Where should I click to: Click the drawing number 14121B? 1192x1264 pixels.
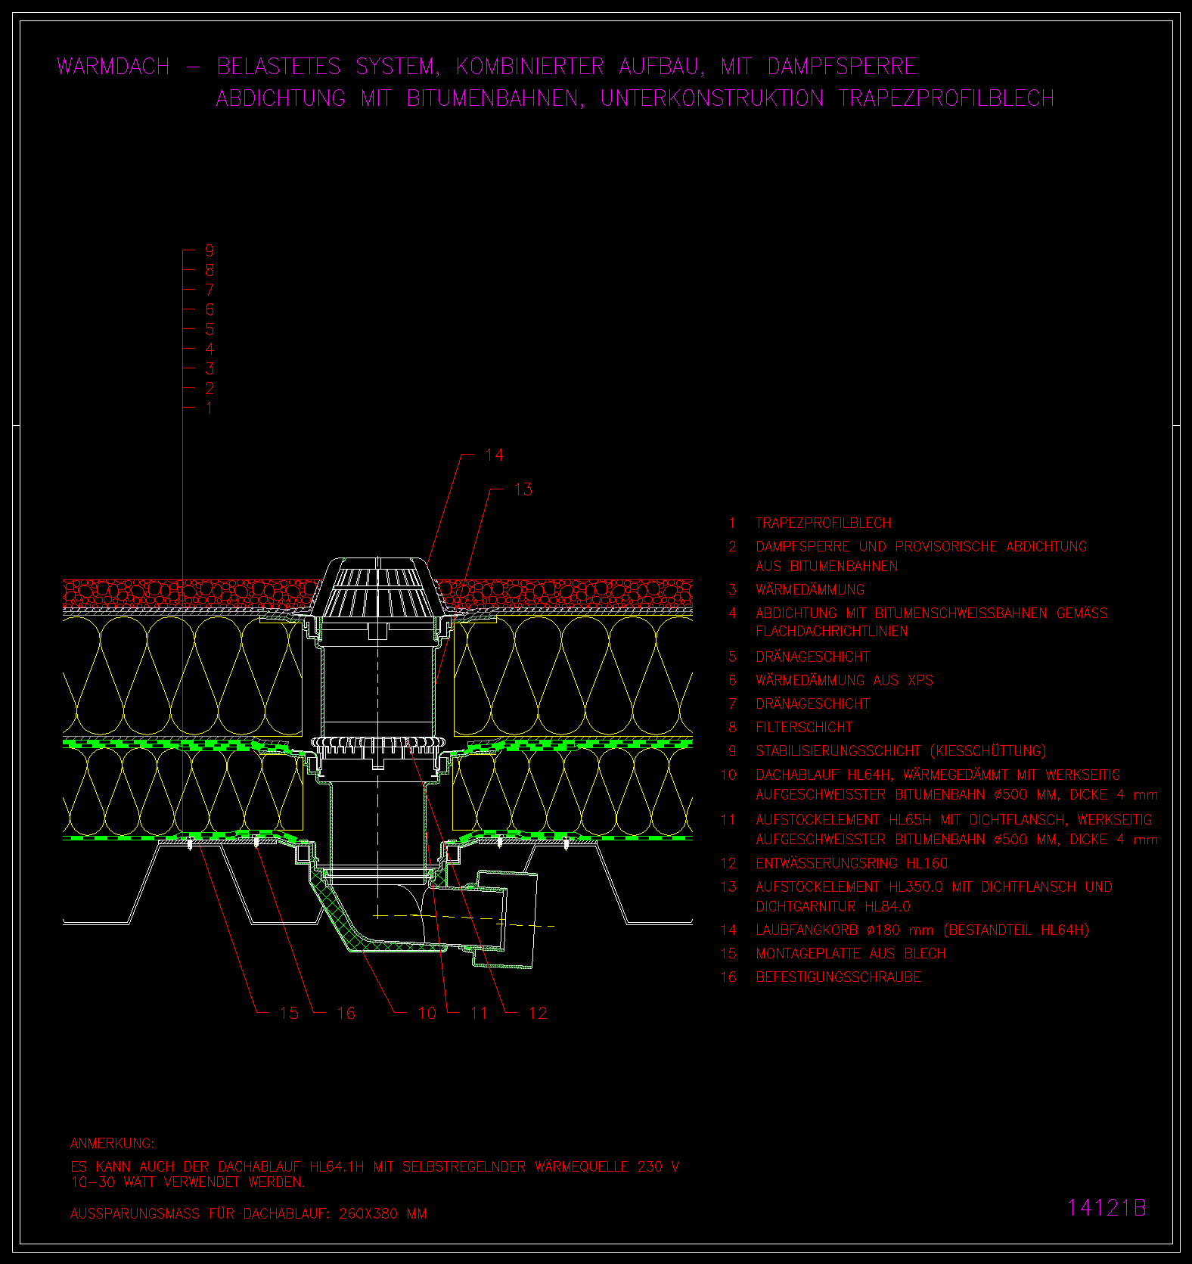[x=1107, y=1207]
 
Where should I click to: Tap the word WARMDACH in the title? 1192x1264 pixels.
[x=113, y=67]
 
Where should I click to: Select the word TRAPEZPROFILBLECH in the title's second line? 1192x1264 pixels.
[x=946, y=98]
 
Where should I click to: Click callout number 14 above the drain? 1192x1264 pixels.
[x=494, y=455]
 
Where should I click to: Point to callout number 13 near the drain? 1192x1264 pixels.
[x=523, y=489]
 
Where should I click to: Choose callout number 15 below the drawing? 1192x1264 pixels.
[x=289, y=1013]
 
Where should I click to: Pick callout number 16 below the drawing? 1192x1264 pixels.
[x=346, y=1013]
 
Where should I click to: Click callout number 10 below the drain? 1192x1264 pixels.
[x=427, y=1013]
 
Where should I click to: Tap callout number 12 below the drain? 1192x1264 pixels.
[x=538, y=1013]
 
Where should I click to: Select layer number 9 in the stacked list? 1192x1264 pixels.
[x=210, y=250]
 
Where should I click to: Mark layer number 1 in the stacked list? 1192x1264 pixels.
[x=210, y=408]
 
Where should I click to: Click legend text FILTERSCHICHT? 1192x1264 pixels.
[x=804, y=728]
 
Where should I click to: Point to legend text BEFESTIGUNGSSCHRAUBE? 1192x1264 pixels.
[x=838, y=977]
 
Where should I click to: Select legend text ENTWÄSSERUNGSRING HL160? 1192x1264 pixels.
[x=852, y=863]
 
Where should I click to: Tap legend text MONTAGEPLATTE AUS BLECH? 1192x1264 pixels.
[x=851, y=954]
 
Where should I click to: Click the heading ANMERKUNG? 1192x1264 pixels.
[x=112, y=1143]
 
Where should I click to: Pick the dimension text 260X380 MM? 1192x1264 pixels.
[x=383, y=1214]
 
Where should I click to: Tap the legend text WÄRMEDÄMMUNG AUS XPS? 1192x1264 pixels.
[x=844, y=681]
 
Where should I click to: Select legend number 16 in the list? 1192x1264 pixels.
[x=728, y=977]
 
